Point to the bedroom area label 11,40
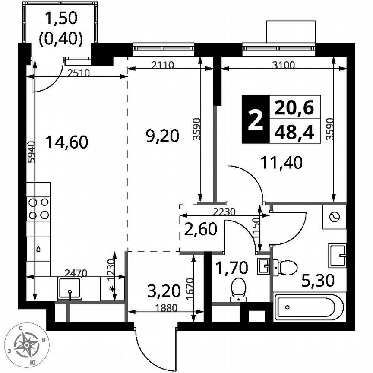(x=281, y=163)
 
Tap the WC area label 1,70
(x=231, y=268)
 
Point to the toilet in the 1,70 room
(x=238, y=289)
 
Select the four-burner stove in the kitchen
(x=38, y=208)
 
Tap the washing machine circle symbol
(x=334, y=217)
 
